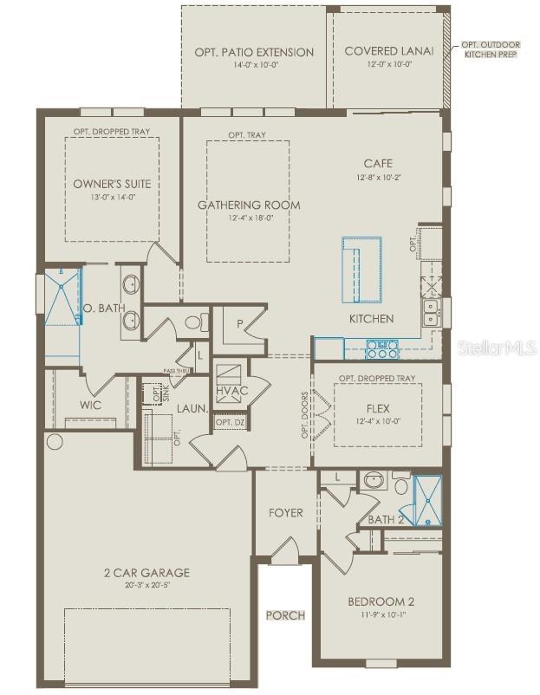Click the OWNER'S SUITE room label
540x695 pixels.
click(112, 183)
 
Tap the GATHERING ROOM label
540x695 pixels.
click(249, 205)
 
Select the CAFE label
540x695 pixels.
click(378, 163)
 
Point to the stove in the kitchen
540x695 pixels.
click(382, 348)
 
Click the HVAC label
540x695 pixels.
click(232, 391)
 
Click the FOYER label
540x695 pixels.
click(285, 513)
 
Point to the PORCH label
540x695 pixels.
click(285, 615)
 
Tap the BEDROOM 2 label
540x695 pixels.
click(381, 601)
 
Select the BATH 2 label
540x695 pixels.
click(387, 519)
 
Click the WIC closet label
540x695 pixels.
click(91, 405)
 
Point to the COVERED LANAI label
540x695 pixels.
click(383, 51)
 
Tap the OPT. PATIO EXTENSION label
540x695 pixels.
click(254, 52)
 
